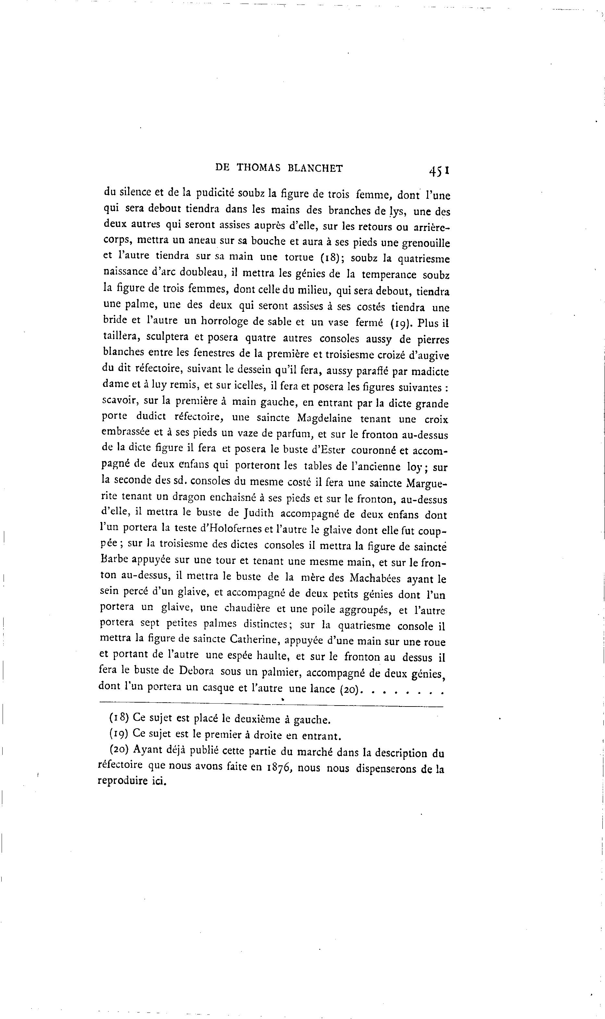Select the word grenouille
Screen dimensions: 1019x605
[x=426, y=244]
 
